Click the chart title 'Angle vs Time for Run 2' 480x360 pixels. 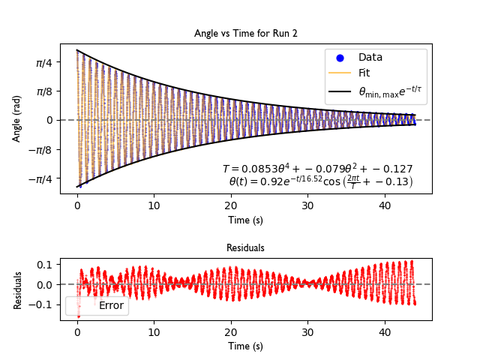tap(245, 33)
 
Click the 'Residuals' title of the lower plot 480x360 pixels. tap(245, 247)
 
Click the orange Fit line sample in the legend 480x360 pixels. tap(340, 73)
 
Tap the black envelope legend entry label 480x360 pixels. tap(392, 91)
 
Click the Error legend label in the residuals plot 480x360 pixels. tap(111, 305)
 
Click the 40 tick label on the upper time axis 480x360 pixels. tap(384, 205)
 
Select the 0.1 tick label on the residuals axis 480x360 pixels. tap(45, 264)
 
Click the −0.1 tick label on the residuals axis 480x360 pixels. tap(42, 304)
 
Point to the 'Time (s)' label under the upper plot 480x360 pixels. tap(245, 220)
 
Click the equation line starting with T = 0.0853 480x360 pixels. tap(317, 169)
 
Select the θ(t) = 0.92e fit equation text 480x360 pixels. tap(321, 181)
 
